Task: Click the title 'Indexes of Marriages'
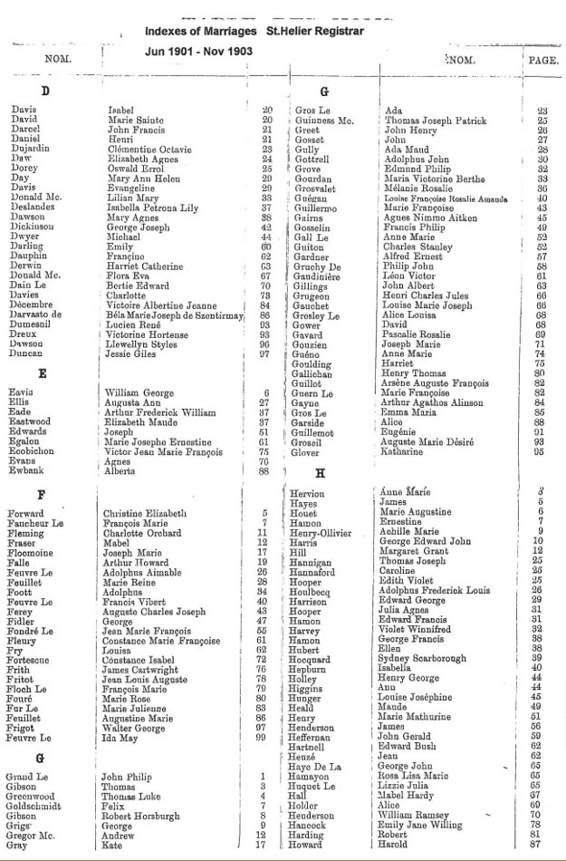coord(198,31)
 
